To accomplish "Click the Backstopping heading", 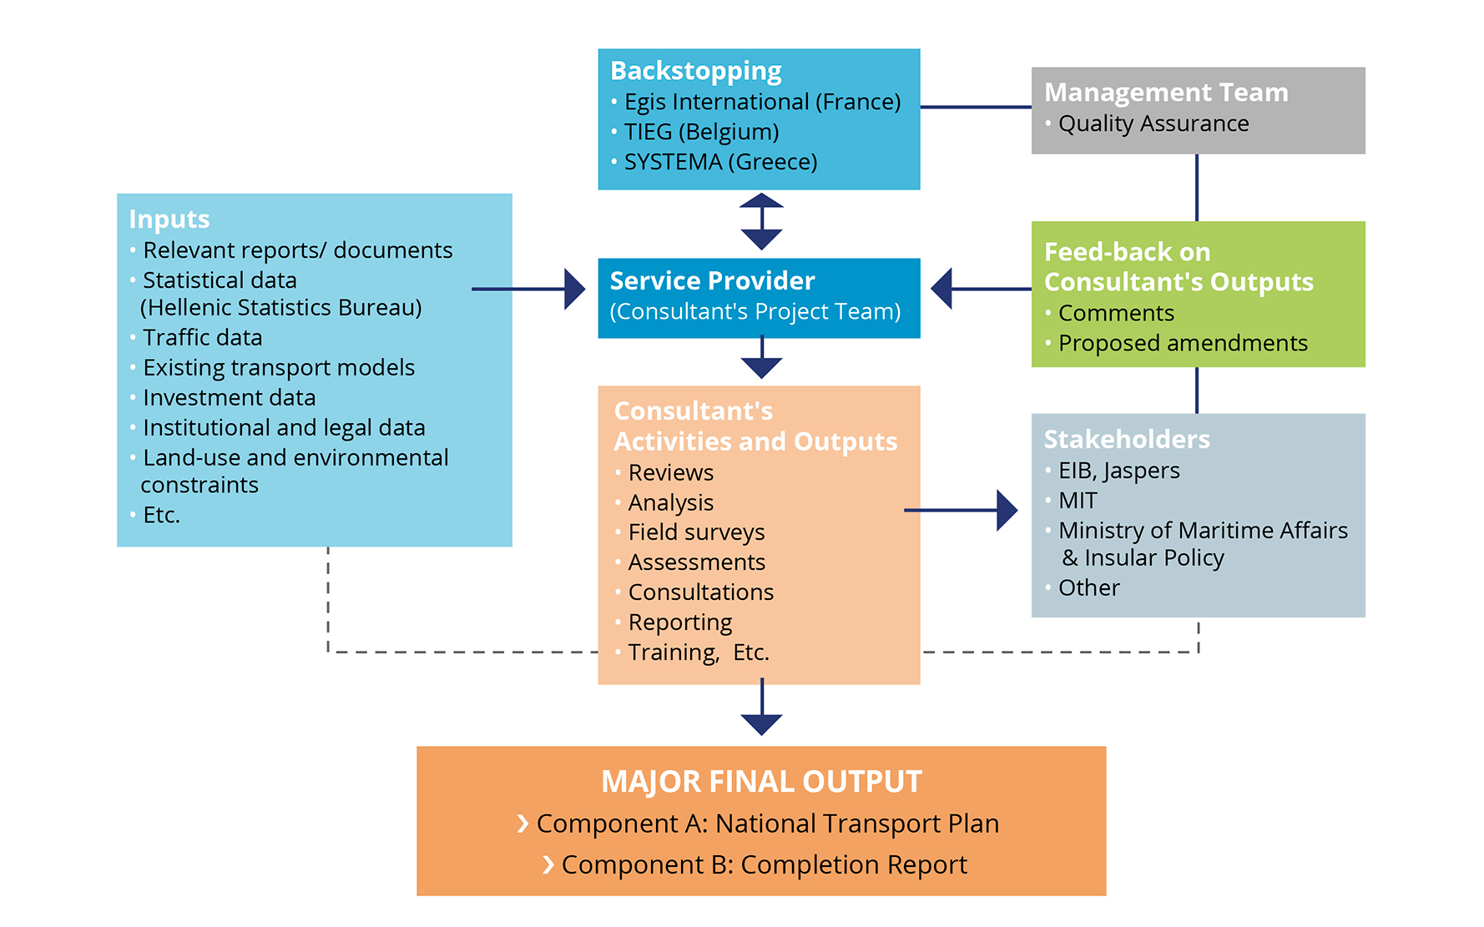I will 695,71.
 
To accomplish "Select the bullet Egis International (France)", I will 762,102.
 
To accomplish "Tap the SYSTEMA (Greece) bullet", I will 720,162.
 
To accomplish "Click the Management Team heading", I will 1165,93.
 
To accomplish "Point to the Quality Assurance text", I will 1153,123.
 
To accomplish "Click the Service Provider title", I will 712,281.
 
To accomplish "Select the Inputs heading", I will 169,219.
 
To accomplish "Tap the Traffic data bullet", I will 202,338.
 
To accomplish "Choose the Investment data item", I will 229,398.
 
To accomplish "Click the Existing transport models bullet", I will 278,368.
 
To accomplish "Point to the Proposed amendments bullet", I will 1182,343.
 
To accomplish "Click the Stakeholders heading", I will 1126,440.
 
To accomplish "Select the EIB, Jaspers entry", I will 1118,471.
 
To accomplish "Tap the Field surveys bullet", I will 696,532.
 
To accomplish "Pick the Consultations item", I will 700,592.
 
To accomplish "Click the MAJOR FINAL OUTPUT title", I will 761,782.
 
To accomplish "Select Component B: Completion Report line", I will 764,865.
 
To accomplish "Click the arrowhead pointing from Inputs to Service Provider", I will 574,290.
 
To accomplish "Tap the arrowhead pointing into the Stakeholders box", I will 1007,510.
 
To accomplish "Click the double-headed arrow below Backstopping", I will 761,222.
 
